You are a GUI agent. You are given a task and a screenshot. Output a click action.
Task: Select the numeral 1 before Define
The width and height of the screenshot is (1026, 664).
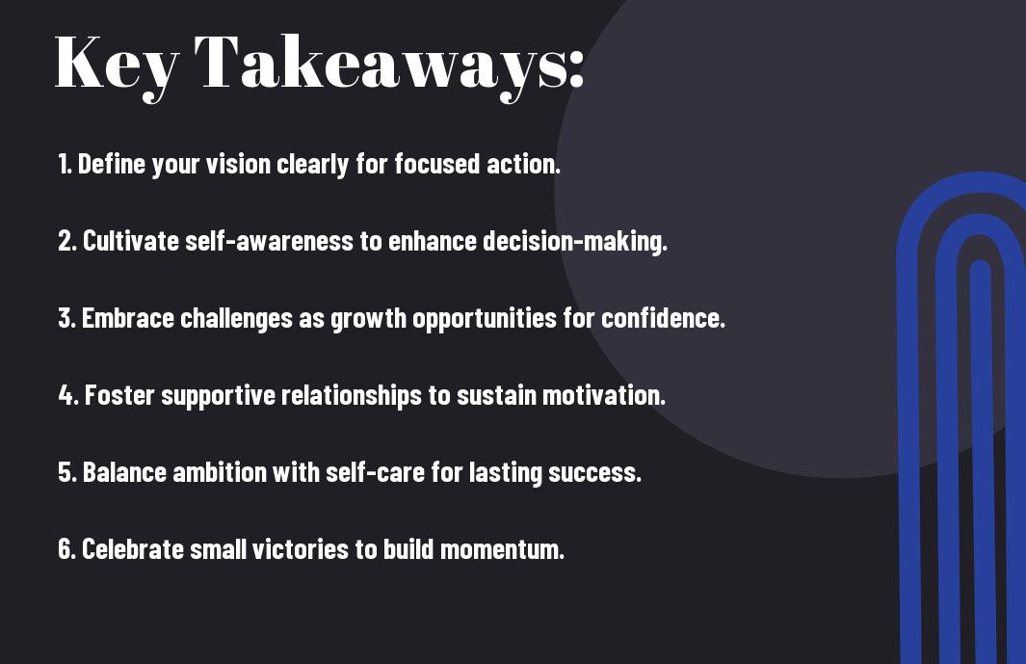(64, 164)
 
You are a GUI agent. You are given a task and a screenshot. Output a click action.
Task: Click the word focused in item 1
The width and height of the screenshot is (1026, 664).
(437, 164)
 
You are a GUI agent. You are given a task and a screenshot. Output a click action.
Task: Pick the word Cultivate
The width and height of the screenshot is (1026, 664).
(131, 240)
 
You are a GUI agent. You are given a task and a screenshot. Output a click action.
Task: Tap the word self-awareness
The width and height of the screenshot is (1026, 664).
(270, 240)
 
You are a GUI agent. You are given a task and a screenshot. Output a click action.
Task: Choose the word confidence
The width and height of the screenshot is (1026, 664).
(663, 318)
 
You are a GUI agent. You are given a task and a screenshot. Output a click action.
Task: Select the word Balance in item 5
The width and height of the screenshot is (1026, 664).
(124, 472)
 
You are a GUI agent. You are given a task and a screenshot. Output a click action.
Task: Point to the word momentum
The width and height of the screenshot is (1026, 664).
(502, 549)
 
